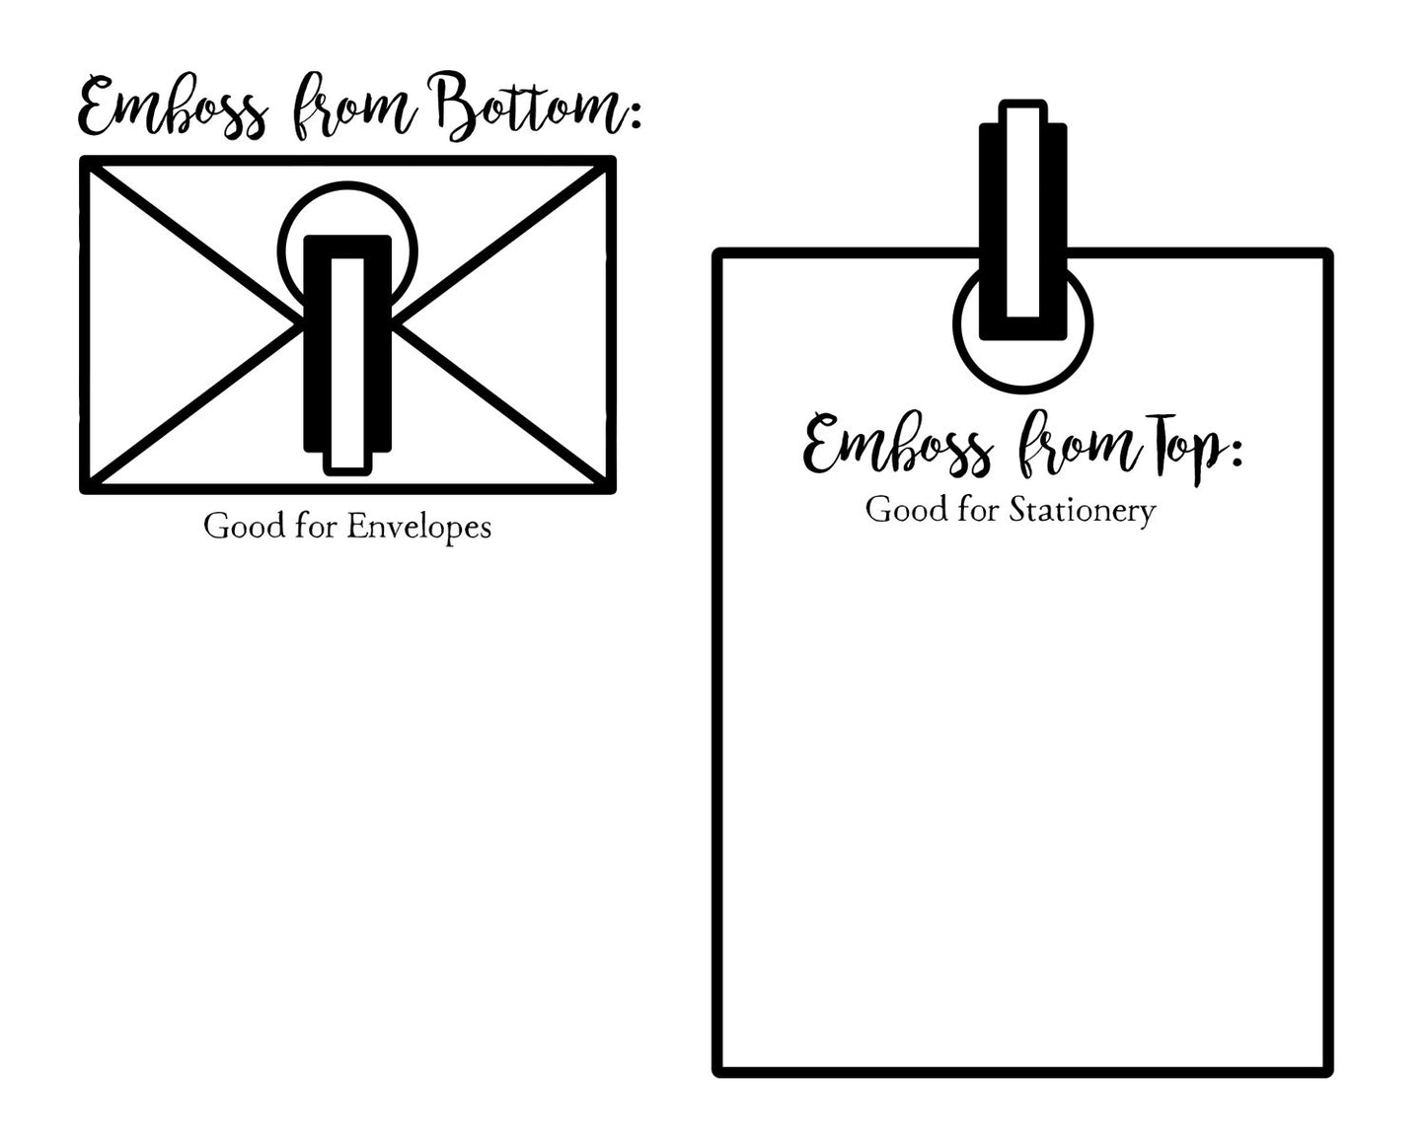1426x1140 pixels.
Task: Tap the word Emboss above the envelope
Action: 174,107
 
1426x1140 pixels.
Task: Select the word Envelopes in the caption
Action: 418,528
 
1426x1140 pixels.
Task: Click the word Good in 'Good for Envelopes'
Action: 245,527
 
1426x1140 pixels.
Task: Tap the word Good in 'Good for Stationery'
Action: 907,510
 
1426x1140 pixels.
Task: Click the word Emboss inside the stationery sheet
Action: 898,445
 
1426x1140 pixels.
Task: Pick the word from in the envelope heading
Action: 354,107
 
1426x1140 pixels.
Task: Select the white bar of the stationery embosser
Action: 1023,212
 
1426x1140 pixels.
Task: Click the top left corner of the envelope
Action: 84,160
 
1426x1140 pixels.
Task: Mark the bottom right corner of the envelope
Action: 612,489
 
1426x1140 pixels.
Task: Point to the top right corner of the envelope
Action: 612,160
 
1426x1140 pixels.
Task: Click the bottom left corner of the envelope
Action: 84,489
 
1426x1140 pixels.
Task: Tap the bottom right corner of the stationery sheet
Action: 1328,1072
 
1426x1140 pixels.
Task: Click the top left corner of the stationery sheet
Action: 716,252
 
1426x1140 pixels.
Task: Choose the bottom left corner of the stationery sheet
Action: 716,1072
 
